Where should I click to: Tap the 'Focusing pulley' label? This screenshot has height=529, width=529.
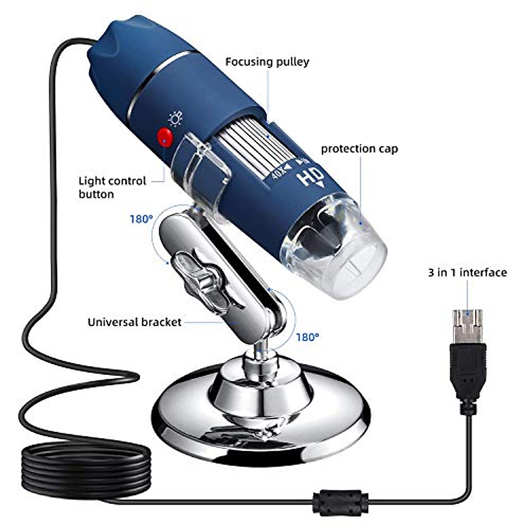coord(267,62)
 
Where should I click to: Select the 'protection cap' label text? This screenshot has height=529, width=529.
coord(359,149)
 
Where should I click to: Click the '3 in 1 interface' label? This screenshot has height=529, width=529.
coord(467,272)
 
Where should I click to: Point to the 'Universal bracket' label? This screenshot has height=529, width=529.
coord(134,322)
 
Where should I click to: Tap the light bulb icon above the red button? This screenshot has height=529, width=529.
coord(175,119)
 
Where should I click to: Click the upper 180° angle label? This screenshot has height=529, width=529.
coord(141,219)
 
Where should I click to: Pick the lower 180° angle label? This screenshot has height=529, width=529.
coord(307,337)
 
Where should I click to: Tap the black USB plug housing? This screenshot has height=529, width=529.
coord(468,370)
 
